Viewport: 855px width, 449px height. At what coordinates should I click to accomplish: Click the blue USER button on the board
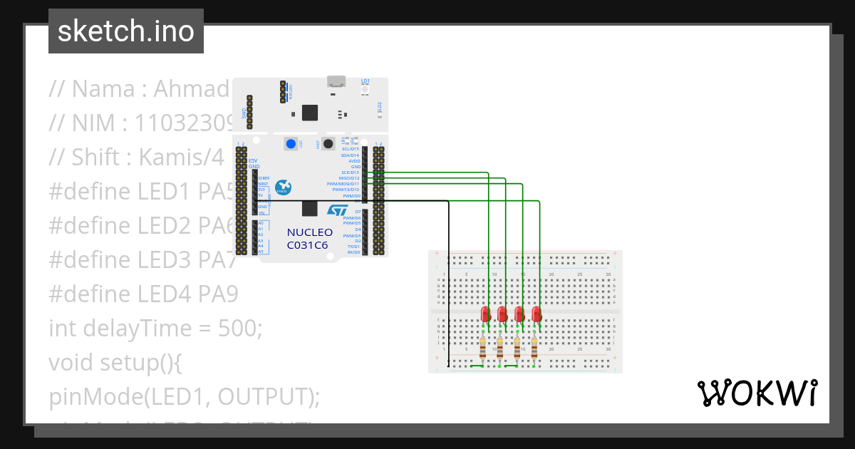pyautogui.click(x=291, y=145)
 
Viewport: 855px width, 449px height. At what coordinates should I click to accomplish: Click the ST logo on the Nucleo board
pyautogui.click(x=337, y=210)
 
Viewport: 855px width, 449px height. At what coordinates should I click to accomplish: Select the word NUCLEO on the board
pyautogui.click(x=309, y=232)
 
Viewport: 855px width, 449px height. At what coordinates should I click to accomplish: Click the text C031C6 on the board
pyautogui.click(x=308, y=245)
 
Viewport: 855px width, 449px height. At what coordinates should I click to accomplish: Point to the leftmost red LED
pyautogui.click(x=485, y=314)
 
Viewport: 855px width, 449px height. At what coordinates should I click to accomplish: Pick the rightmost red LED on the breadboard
pyautogui.click(x=537, y=314)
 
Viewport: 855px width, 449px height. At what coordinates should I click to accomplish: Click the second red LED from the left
pyautogui.click(x=502, y=314)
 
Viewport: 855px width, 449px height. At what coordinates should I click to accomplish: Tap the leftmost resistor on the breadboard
pyautogui.click(x=483, y=347)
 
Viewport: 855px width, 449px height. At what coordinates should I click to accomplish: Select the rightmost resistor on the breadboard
pyautogui.click(x=534, y=347)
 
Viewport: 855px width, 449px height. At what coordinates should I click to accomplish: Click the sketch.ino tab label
pyautogui.click(x=126, y=31)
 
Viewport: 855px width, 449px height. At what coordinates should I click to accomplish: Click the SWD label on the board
pyautogui.click(x=244, y=114)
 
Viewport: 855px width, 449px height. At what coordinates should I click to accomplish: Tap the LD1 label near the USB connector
pyautogui.click(x=366, y=81)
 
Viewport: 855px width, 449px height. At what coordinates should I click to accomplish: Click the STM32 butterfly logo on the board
pyautogui.click(x=284, y=187)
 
